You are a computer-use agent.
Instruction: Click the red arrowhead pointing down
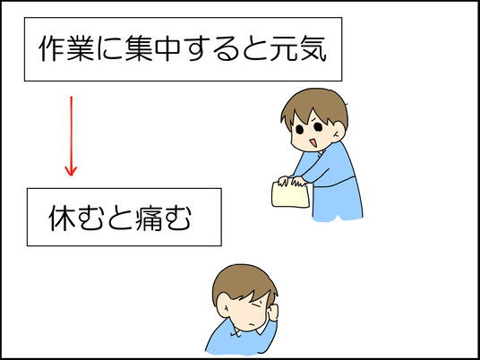coord(71,168)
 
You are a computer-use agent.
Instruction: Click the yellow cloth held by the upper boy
coord(289,195)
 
